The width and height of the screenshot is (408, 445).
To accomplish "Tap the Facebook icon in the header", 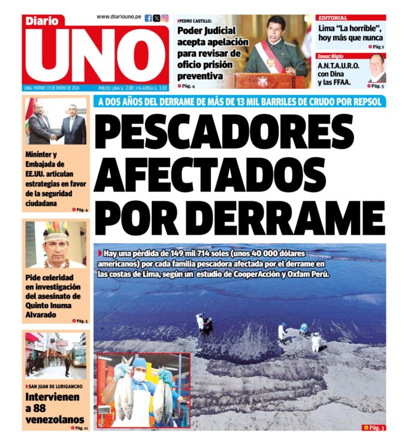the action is [149, 18].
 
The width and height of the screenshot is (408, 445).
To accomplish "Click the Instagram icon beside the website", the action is [165, 18].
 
